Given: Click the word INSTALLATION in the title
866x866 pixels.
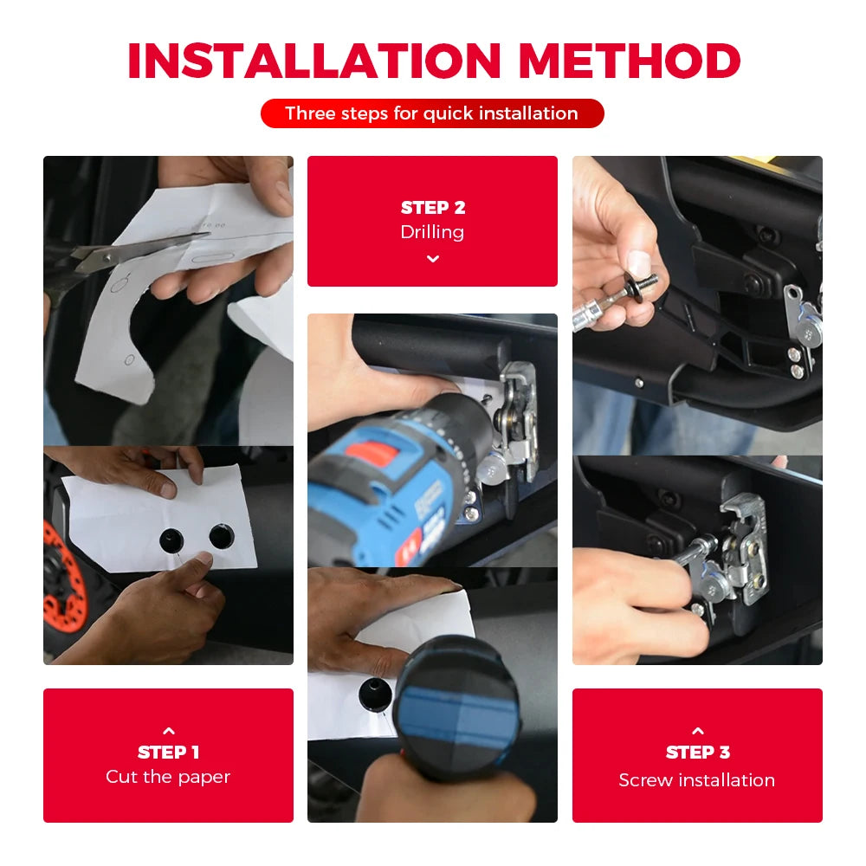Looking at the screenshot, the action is click(x=314, y=61).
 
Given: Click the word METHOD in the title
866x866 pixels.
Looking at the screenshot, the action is click(x=630, y=61).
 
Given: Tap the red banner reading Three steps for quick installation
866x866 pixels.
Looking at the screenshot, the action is click(x=432, y=113).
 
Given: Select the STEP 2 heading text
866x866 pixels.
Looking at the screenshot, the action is click(x=433, y=208).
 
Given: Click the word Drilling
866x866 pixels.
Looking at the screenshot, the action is click(x=432, y=232).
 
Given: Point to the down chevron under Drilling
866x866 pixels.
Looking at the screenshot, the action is click(x=433, y=258).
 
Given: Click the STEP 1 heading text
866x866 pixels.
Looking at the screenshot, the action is click(x=169, y=753).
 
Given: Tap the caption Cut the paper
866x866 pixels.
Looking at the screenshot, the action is click(x=168, y=777).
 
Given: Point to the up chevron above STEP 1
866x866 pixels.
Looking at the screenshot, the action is click(x=169, y=731).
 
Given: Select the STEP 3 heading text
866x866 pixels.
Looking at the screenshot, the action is click(x=698, y=753).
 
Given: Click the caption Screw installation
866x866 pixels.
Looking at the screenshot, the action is click(x=697, y=780).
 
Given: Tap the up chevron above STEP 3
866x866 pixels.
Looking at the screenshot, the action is click(x=698, y=731).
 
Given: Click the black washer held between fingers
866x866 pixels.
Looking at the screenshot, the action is click(x=634, y=286).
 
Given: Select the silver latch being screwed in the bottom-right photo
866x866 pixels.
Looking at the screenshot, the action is click(x=732, y=553).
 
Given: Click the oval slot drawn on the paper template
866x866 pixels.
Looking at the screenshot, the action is click(x=213, y=258).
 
